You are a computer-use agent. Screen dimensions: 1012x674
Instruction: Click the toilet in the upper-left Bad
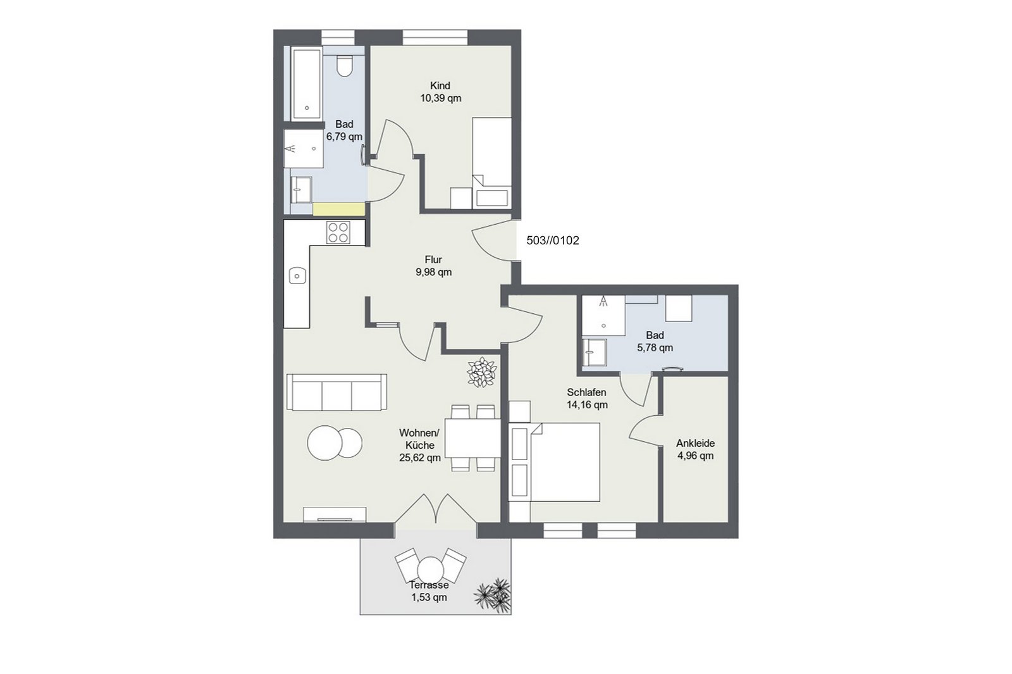[344, 66]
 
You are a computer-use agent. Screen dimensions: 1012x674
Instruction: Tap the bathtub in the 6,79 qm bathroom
[307, 83]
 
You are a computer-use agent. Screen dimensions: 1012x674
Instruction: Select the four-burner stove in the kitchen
[338, 232]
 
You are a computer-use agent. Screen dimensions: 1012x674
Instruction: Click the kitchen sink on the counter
[297, 275]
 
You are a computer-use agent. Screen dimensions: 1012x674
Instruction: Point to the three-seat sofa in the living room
[336, 392]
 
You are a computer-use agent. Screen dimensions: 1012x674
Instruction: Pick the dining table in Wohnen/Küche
[473, 438]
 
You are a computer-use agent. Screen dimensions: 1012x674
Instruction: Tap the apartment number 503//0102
[553, 240]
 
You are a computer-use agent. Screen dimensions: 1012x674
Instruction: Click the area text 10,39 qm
[440, 98]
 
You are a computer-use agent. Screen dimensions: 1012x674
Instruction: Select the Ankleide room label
[695, 443]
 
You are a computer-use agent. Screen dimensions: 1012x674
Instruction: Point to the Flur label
[433, 259]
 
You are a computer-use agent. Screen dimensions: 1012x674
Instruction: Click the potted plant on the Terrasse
[493, 596]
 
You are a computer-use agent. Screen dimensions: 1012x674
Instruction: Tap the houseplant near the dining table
[481, 372]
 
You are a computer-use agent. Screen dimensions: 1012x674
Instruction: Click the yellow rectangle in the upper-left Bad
[339, 209]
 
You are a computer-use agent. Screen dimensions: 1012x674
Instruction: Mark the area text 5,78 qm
[655, 347]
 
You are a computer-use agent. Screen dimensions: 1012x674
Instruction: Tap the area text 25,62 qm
[420, 458]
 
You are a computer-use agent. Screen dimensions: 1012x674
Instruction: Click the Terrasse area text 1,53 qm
[429, 597]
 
